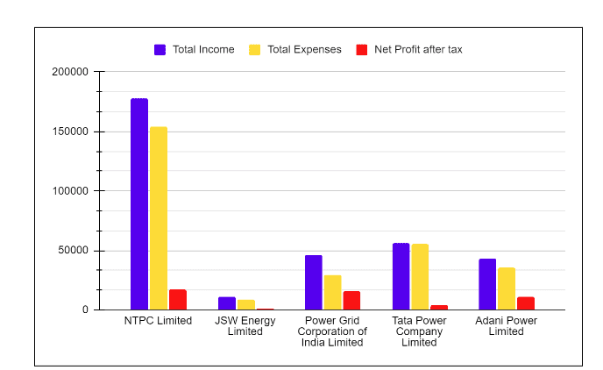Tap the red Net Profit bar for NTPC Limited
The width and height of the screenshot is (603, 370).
coord(178,299)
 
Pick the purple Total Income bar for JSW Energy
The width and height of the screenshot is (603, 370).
coord(227,303)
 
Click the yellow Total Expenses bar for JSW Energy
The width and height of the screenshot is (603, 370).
coord(246,304)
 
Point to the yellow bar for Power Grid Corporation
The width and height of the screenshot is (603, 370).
coord(333,292)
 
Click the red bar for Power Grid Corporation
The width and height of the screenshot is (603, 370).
coord(351,300)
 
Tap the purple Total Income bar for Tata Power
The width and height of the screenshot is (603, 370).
coord(401,276)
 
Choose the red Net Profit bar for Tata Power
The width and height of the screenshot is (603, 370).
coord(439,307)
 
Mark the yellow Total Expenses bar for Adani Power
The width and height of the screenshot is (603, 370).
coord(507,288)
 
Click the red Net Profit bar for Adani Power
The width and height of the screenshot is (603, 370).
coord(526,303)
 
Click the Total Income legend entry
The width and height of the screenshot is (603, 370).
coord(195,49)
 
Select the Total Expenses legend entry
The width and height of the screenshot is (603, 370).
coord(295,49)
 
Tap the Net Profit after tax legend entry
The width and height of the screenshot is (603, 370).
coord(409,49)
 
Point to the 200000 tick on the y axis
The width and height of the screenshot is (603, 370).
coord(71,72)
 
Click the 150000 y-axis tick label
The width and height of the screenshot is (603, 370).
coord(71,132)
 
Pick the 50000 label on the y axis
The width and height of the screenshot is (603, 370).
coord(74,251)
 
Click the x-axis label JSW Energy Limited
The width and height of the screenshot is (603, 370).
coord(245,326)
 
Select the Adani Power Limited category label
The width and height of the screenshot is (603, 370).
coord(506,326)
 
